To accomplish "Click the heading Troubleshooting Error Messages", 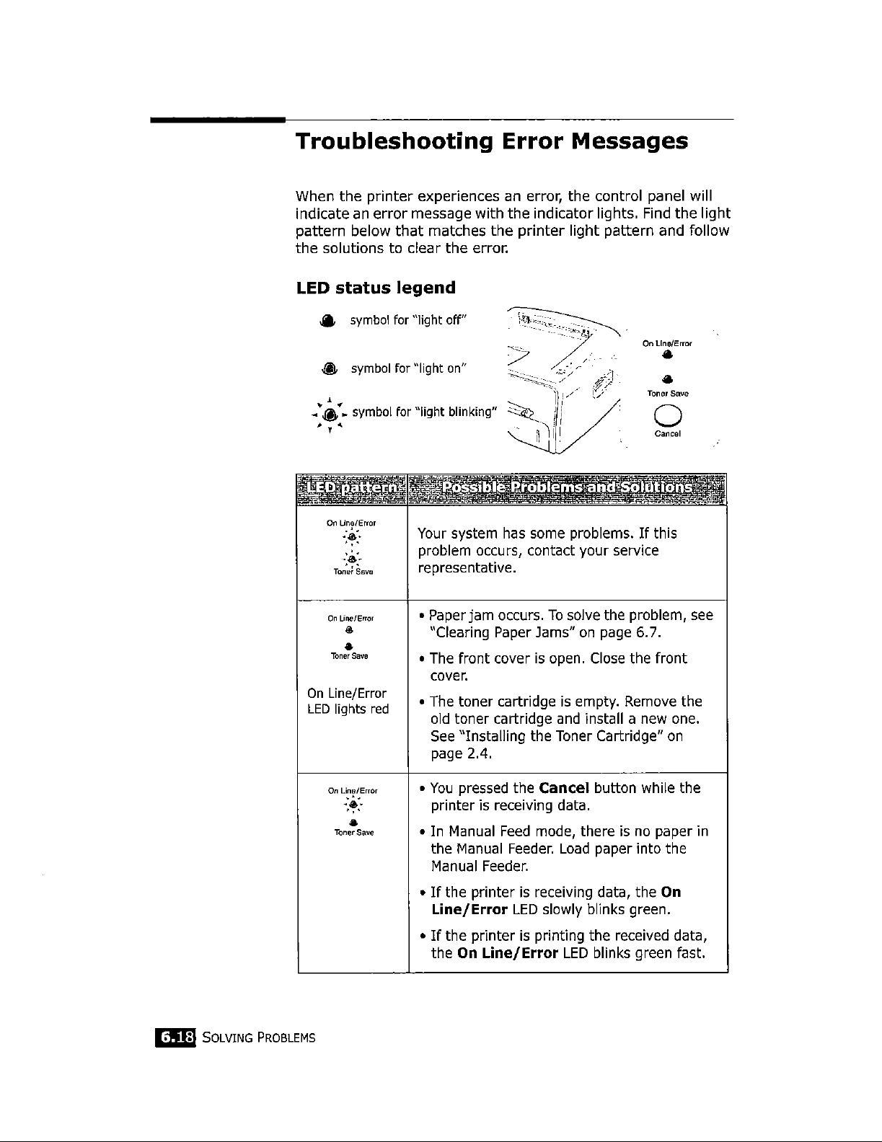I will pos(491,141).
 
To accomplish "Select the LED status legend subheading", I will pos(376,288).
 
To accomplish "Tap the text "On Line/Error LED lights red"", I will pos(348,701).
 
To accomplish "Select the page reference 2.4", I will pos(477,754).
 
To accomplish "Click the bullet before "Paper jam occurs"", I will pos(421,616).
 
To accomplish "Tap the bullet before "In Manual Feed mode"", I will pos(421,832).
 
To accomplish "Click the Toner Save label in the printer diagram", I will pos(667,394).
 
